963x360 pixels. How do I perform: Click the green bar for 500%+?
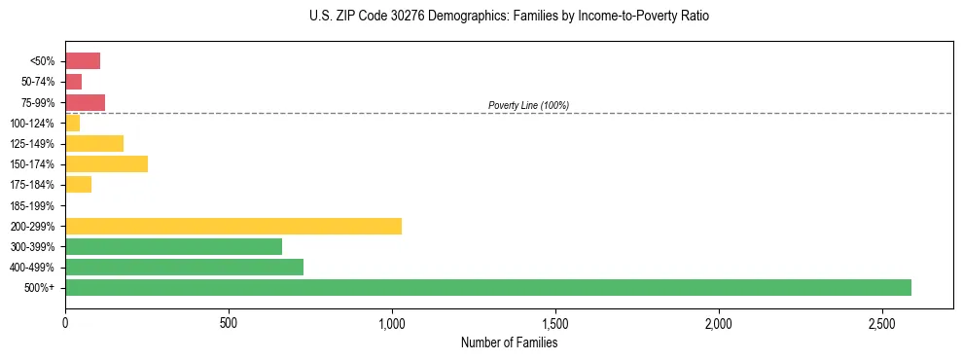(x=487, y=288)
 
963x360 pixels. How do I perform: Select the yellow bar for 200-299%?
(x=233, y=227)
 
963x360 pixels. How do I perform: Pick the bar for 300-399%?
(x=173, y=247)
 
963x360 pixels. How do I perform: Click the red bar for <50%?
(x=83, y=61)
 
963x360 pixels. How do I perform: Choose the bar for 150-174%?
(x=106, y=164)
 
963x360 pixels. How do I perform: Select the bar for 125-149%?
(x=94, y=144)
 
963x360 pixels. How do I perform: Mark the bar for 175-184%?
(x=78, y=185)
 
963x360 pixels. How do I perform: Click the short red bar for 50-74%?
(x=73, y=82)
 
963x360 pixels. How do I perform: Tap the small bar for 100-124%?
(x=72, y=124)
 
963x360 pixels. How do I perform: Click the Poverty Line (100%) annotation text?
(x=528, y=105)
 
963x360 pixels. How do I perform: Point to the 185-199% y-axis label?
(x=32, y=206)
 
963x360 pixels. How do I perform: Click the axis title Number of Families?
(x=509, y=342)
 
